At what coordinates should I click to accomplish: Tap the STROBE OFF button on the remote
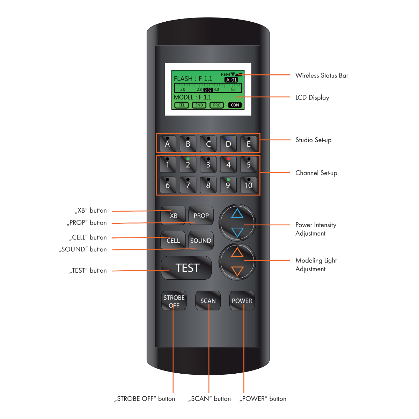pos(174,301)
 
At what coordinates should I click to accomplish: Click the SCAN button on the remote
pos(208,301)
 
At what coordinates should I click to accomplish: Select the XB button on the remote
pos(174,215)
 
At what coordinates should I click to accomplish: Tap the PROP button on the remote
pos(201,215)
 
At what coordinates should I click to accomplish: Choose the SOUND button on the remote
pos(201,241)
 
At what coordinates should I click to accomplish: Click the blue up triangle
pos(237,213)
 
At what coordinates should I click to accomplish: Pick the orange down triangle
pos(237,271)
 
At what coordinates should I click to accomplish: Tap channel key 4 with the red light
pos(228,164)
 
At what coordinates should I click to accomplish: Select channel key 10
pos(248,185)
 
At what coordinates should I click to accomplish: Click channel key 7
pos(188,185)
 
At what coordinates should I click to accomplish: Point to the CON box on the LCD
pos(235,105)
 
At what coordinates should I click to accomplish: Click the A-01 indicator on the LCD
pos(231,80)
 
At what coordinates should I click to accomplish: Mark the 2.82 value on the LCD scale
pos(208,90)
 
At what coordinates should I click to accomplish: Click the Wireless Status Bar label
pos(322,75)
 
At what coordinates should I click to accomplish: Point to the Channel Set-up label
pos(316,173)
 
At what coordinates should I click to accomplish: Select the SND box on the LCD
pos(199,105)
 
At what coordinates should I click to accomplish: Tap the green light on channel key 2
pos(188,159)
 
